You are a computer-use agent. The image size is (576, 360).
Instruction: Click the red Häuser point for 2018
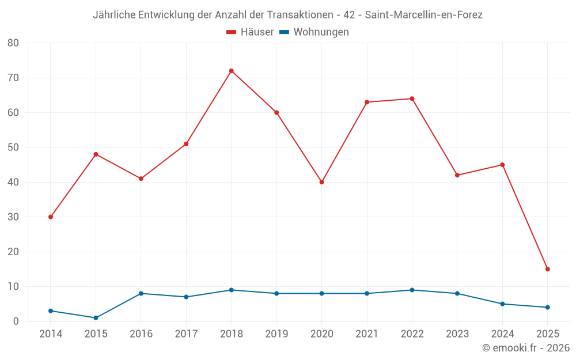[x=232, y=71]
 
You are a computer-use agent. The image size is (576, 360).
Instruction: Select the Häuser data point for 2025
[x=548, y=269]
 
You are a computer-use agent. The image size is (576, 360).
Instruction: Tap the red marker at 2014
[x=51, y=217]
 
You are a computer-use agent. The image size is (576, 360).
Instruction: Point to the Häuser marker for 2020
[x=322, y=182]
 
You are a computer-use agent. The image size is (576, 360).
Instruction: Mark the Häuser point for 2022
[x=412, y=98]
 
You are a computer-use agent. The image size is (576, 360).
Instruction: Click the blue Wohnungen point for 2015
[x=96, y=318]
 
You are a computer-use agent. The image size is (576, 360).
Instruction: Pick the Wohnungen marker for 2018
[x=232, y=290]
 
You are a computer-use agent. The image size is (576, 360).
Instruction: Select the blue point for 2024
[x=503, y=304]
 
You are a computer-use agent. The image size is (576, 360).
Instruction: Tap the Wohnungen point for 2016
[x=141, y=293]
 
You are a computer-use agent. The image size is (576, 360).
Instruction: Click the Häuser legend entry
[x=250, y=32]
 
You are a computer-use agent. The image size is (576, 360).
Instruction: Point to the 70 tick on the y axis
[x=13, y=78]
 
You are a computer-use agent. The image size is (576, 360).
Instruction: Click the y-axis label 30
[x=13, y=217]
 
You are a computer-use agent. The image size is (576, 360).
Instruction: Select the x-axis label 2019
[x=276, y=334]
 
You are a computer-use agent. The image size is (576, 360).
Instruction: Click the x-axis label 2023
[x=457, y=334]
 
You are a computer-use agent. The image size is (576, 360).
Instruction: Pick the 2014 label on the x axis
[x=51, y=334]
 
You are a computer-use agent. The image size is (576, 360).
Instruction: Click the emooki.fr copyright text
[x=526, y=348]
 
